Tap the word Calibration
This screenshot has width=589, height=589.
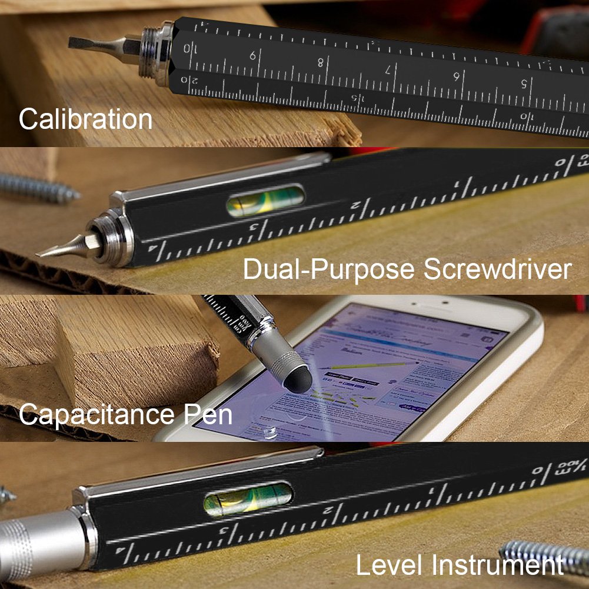point(85,119)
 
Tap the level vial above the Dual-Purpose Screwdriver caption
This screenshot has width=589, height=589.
point(265,201)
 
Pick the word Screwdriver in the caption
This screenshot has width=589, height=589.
point(497,269)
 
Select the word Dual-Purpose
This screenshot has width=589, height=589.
point(330,269)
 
